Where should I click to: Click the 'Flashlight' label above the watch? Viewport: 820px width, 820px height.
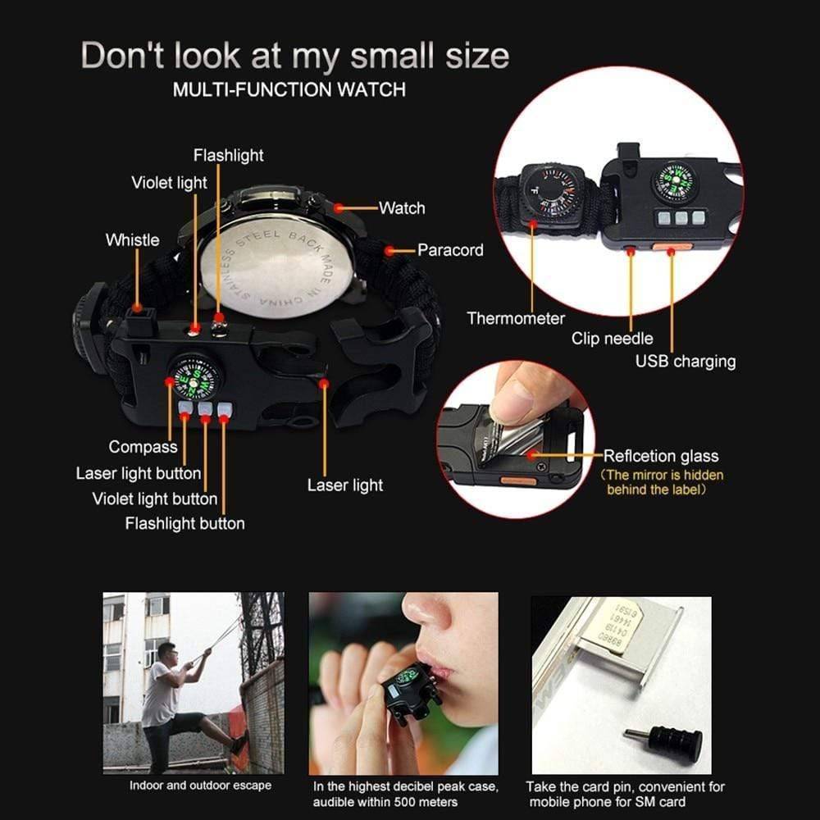pyautogui.click(x=229, y=155)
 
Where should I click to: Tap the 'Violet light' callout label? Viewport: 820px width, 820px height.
pyautogui.click(x=169, y=183)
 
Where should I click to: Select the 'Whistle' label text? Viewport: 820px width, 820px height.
pyautogui.click(x=132, y=240)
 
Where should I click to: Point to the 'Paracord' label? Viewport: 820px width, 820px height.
pyautogui.click(x=450, y=250)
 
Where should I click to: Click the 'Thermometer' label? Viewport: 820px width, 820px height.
pyautogui.click(x=516, y=318)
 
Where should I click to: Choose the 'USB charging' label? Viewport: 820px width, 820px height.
pyautogui.click(x=686, y=362)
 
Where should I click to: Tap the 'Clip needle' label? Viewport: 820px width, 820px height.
pyautogui.click(x=612, y=339)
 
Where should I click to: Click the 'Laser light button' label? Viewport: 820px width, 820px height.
pyautogui.click(x=139, y=473)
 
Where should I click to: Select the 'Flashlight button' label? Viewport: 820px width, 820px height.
pyautogui.click(x=184, y=523)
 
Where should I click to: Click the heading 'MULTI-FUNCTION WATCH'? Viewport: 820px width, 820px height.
pyautogui.click(x=289, y=89)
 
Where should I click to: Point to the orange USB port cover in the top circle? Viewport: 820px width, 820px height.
pyautogui.click(x=672, y=246)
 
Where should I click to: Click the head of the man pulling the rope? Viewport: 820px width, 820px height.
pyautogui.click(x=166, y=652)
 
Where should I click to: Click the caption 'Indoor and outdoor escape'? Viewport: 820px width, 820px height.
pyautogui.click(x=200, y=786)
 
